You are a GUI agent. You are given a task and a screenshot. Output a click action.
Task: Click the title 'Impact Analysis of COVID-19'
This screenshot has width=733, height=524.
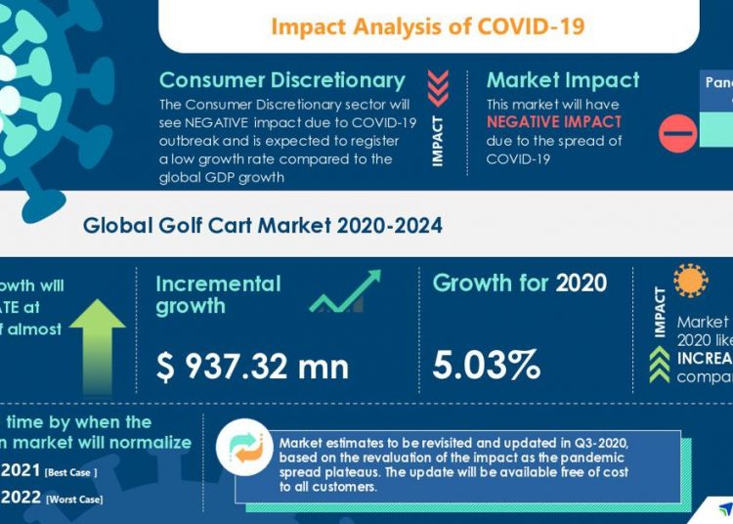coord(428,25)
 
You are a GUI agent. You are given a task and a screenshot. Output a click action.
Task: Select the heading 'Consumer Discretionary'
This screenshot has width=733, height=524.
coord(281,80)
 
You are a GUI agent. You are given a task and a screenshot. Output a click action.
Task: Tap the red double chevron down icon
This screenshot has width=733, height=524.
coord(438,85)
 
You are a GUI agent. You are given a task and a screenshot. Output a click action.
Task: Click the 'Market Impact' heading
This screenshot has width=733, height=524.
coord(562,80)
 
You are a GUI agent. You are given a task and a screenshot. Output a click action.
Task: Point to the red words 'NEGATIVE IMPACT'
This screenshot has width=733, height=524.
coord(554,122)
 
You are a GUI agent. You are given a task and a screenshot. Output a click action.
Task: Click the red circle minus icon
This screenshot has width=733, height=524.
coord(677,134)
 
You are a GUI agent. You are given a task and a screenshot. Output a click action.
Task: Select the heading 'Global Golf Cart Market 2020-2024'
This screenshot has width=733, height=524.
coord(262,226)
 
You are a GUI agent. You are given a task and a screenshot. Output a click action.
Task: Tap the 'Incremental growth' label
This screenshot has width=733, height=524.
coord(218,294)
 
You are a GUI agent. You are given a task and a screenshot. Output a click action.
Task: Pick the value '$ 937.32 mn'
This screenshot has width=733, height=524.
coord(252,366)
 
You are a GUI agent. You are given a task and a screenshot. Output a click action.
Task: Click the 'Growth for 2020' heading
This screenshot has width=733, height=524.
coord(519,284)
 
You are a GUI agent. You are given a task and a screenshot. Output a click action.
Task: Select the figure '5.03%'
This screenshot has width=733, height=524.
coord(487,366)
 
